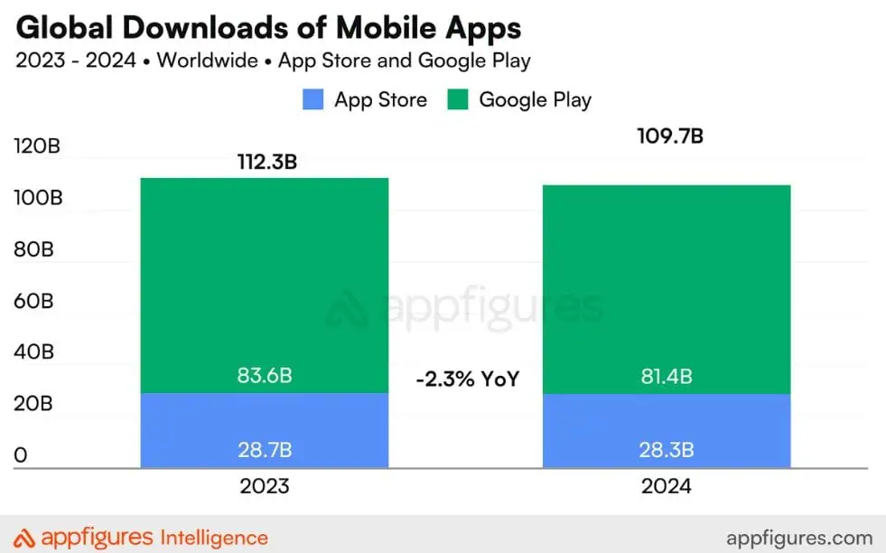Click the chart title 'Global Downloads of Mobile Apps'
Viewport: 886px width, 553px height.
pos(269,28)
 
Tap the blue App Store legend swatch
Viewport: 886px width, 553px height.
pos(312,99)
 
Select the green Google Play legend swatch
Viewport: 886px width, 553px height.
pos(458,99)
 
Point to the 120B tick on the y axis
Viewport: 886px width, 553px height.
pos(37,146)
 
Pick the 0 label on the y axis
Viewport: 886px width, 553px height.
pos(21,455)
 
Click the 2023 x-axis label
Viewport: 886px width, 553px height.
pos(265,486)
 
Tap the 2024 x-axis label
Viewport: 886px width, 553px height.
pos(666,486)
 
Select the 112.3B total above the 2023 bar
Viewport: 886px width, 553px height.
pos(265,163)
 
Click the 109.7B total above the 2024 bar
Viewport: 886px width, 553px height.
pos(669,136)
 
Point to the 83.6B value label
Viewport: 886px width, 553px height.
pos(265,376)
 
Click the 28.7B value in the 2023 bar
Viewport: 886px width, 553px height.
pos(265,449)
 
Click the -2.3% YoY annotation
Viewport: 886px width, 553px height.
pos(468,380)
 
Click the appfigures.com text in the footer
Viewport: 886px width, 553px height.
pos(799,538)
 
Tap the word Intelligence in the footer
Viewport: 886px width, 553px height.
pos(214,538)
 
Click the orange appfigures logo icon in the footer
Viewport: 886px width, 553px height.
pos(26,538)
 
